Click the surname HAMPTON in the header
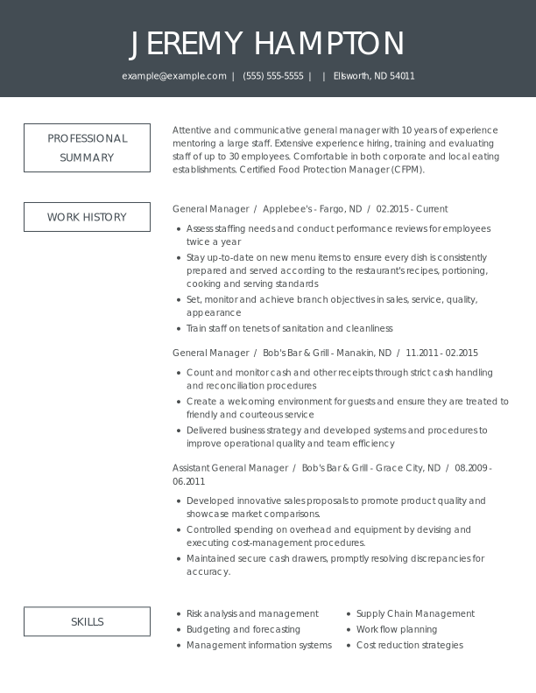(329, 44)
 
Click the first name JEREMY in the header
(187, 44)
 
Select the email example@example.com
(174, 76)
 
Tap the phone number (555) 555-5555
(273, 76)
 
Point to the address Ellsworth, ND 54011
(374, 76)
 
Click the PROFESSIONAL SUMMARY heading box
(87, 148)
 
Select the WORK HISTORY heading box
(87, 217)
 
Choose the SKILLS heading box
(87, 622)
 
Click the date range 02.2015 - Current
(412, 209)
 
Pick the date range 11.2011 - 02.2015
(442, 353)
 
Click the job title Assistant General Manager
(230, 468)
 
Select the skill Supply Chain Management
(415, 613)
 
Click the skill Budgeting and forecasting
(243, 629)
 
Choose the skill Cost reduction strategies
(409, 645)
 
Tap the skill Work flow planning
(397, 629)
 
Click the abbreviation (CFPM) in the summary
(406, 170)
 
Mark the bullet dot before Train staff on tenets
(179, 329)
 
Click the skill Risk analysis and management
(252, 613)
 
